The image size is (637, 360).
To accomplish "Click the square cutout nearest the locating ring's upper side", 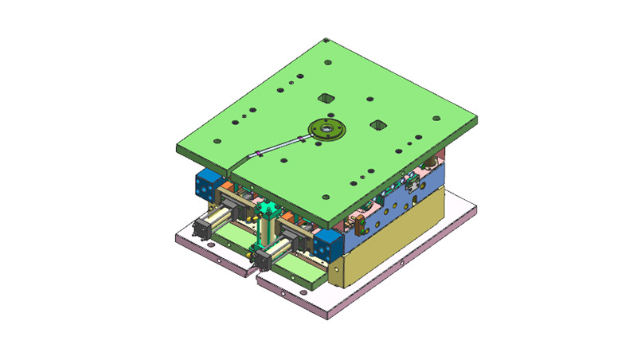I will coord(324,99).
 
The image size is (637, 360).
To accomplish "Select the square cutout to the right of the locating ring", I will coord(378,125).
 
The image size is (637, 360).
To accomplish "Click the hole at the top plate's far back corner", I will coord(327,41).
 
